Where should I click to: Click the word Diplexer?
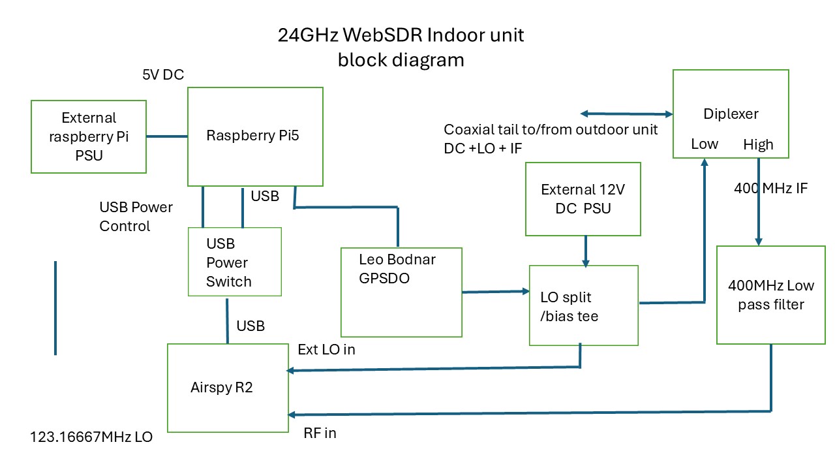(x=731, y=114)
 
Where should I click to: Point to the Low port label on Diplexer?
(x=705, y=144)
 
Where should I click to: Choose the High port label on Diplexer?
(x=758, y=144)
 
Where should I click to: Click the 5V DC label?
(x=163, y=74)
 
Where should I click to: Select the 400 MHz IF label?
(x=770, y=189)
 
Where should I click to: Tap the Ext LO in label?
(x=326, y=349)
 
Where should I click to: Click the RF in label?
(x=320, y=433)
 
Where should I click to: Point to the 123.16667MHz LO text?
(x=91, y=437)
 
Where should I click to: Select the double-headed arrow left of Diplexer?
(x=627, y=114)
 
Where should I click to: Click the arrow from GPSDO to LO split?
(x=496, y=292)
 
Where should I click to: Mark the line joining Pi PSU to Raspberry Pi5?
(x=167, y=136)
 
